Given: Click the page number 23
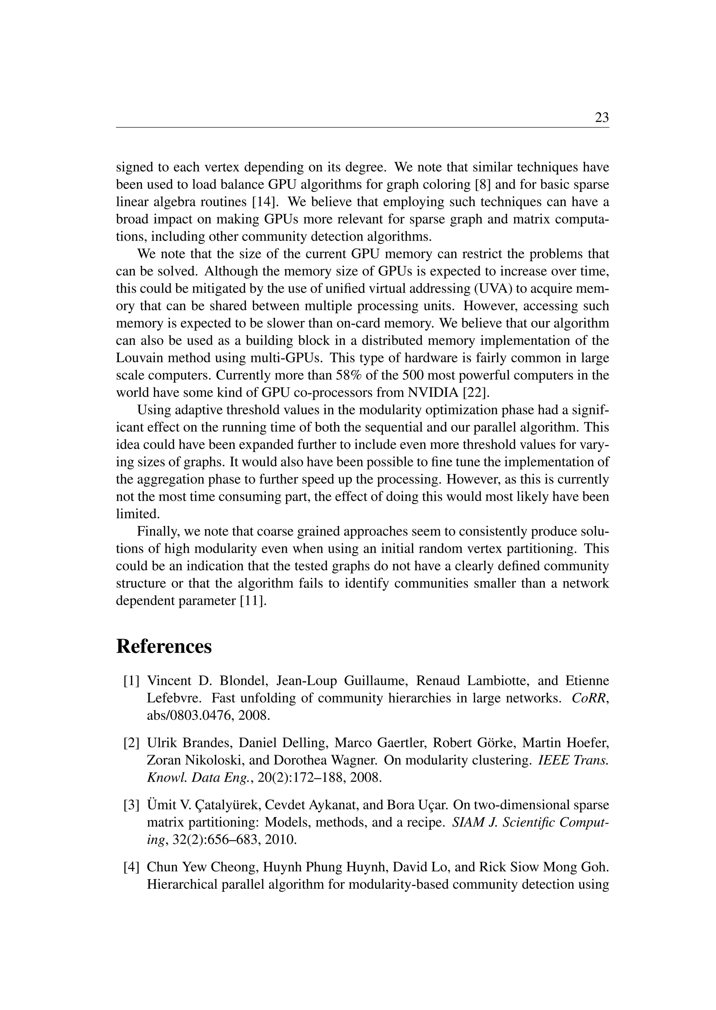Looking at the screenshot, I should point(601,118).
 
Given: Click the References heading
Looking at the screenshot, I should point(164,647).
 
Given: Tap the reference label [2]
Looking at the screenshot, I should point(131,743).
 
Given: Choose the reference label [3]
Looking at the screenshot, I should point(131,805).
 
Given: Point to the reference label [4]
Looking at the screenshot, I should point(131,867).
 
